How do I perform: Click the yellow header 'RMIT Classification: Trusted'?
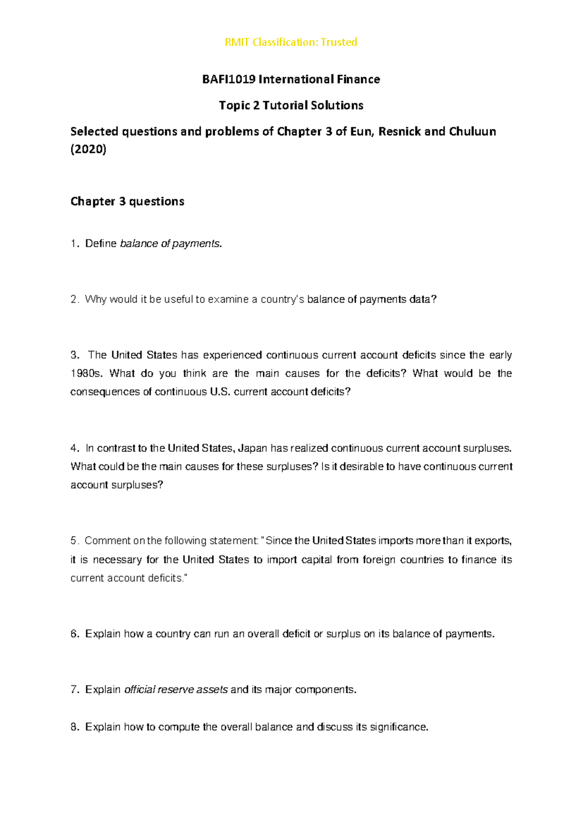coord(291,42)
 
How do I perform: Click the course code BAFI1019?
coord(228,79)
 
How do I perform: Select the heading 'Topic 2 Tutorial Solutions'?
coord(291,106)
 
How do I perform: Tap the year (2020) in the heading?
coord(88,149)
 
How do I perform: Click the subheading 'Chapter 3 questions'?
coord(127,201)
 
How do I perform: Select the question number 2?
coord(74,300)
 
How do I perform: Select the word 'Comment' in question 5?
coord(107,541)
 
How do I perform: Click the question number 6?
coord(74,634)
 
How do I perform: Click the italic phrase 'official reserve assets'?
coord(176,690)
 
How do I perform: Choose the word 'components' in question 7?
coord(325,690)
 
